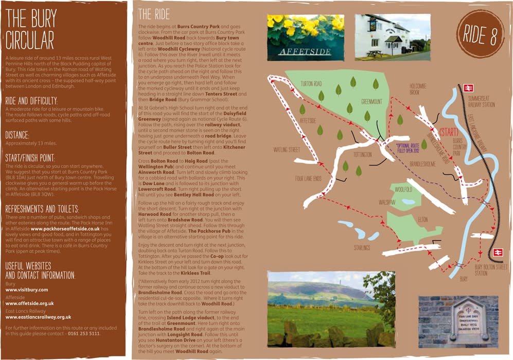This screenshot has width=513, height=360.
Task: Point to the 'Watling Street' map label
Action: [x=287, y=150]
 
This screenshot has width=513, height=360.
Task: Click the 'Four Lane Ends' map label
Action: [x=309, y=179]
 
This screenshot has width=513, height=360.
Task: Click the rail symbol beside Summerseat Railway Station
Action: [x=468, y=88]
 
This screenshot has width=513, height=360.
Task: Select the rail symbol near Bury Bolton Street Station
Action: [x=498, y=252]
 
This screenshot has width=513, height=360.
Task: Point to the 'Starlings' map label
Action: [x=362, y=248]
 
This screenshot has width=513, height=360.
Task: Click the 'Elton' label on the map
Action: [x=423, y=220]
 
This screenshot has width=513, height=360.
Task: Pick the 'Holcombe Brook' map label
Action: [x=418, y=88]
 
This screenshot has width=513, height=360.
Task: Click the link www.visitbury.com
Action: [x=26, y=290]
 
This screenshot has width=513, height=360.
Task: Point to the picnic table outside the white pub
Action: [x=374, y=53]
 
